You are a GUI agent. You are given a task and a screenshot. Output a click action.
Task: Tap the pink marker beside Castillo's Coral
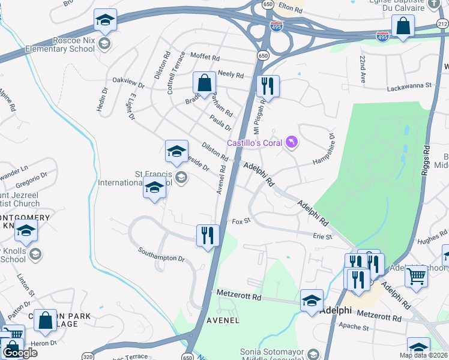pyautogui.click(x=292, y=142)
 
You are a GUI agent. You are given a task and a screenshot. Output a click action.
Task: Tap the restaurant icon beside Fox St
pyautogui.click(x=207, y=235)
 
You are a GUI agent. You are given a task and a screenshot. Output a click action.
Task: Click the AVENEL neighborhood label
pyautogui.click(x=223, y=320)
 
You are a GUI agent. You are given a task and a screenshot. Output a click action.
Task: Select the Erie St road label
pyautogui.click(x=322, y=237)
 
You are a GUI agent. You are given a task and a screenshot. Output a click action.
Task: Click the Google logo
pyautogui.click(x=20, y=353)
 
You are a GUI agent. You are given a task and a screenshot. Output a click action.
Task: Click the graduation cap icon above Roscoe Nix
pyautogui.click(x=105, y=21)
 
